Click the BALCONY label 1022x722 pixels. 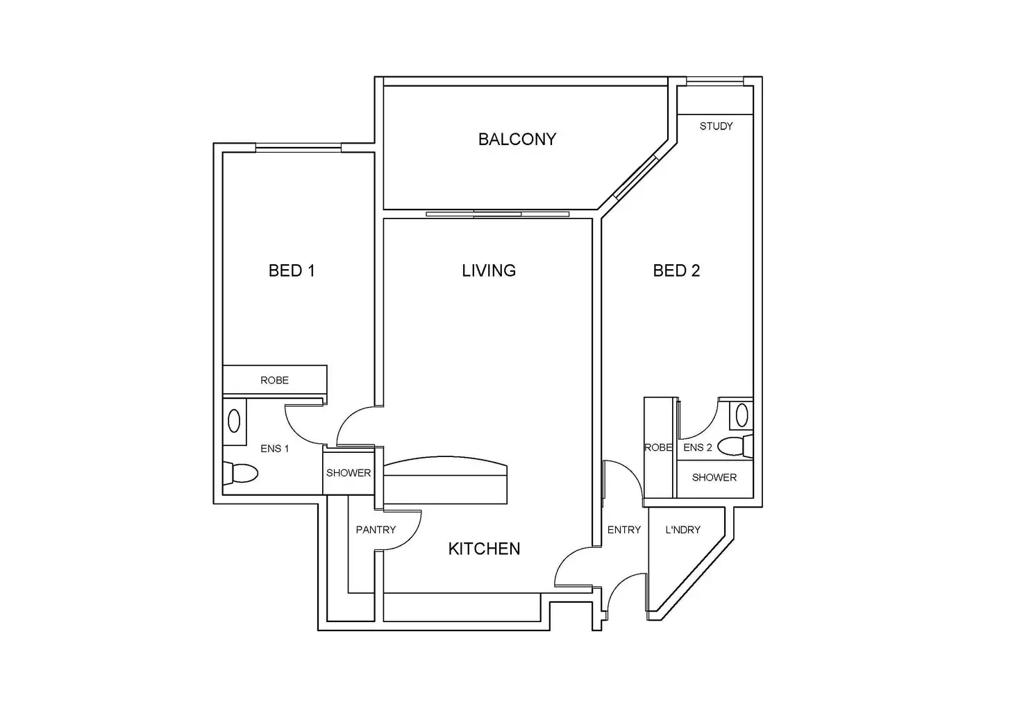coord(517,139)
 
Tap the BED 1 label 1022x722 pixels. coord(292,270)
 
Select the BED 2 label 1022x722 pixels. coord(676,270)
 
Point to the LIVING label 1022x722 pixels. coord(489,270)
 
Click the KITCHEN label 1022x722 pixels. coord(484,549)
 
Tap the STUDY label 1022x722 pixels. coord(716,126)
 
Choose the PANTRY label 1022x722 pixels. coord(376,530)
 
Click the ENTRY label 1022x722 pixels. coord(623,530)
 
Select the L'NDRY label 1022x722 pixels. coord(683,530)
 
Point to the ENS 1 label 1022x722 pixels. coord(275,449)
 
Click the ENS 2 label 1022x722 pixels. coord(697,447)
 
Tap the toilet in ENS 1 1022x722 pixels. coord(240,474)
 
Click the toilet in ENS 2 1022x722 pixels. coord(735,446)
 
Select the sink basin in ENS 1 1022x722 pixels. coord(235,421)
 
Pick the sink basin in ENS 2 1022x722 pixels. coord(742,415)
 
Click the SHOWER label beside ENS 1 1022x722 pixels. coord(349,473)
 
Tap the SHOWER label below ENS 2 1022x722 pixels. coord(714,477)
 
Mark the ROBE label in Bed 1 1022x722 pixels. coord(274,380)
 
